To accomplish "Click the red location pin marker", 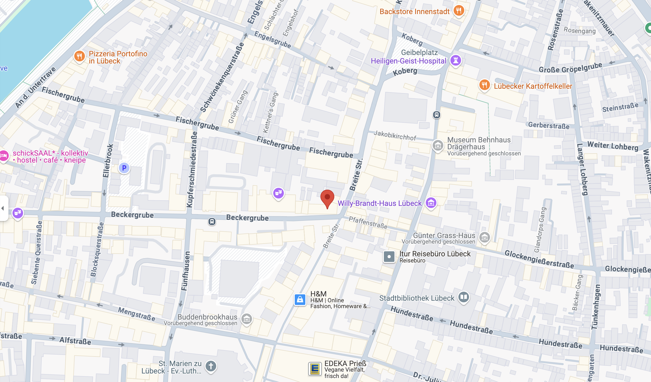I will coord(327,198).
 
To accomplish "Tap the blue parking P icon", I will coord(124,168).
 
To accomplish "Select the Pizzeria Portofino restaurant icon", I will coord(79,56).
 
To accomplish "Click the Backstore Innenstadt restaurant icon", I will coord(459,11).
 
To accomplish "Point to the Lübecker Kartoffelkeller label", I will coord(533,86).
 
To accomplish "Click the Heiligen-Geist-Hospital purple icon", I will coord(455,60).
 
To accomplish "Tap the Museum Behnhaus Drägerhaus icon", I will coord(438,146).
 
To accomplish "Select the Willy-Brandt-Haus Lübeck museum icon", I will coord(431,203).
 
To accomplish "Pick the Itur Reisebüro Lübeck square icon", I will coord(389,257).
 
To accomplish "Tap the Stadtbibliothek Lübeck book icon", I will coord(463,297).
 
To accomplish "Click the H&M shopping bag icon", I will coord(300,300).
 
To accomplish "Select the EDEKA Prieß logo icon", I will coord(315,369).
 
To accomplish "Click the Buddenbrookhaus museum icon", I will coord(246,319).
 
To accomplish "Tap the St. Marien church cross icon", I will coord(211,366).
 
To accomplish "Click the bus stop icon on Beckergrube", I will coord(212,221).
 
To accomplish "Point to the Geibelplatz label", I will coord(419,52).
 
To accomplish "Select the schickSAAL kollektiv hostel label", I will coord(50,156).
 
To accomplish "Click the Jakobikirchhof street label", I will coord(395,136).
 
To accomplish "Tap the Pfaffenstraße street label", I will coord(368,223).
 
